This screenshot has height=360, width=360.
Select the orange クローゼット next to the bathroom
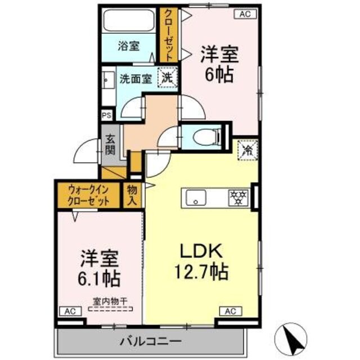[168, 35]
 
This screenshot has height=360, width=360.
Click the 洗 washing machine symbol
[167, 78]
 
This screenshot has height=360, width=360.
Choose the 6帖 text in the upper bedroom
[219, 75]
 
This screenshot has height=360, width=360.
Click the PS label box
[106, 115]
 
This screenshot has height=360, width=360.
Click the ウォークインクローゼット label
[88, 195]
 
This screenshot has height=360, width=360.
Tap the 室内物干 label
[110, 301]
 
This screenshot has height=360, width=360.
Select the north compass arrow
[292, 336]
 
